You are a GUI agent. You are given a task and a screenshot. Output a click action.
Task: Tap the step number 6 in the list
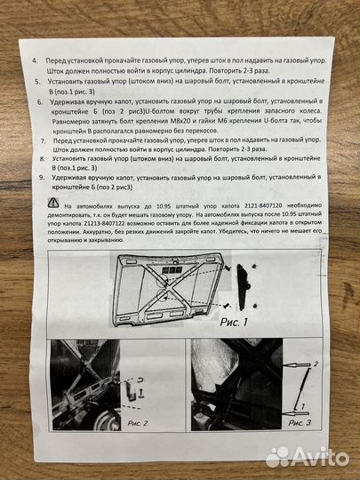(40, 102)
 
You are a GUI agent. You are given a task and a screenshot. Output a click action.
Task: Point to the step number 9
(44, 177)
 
